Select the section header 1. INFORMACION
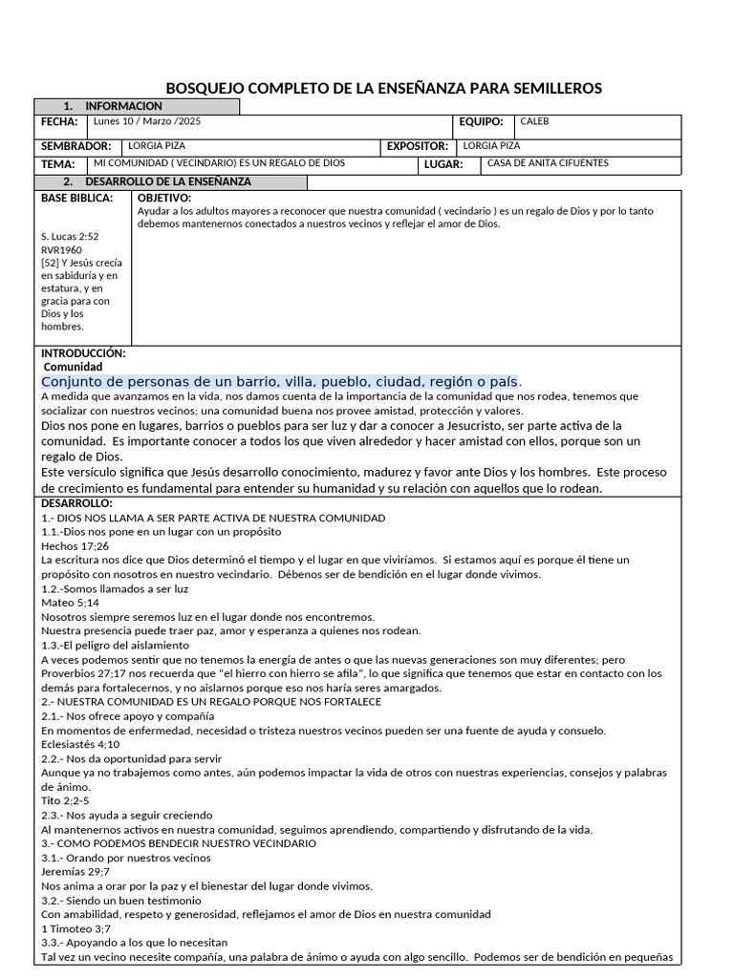coord(113,106)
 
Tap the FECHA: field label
coord(57,123)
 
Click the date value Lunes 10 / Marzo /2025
coord(148,122)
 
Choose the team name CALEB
coord(535,122)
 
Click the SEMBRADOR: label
coord(76,147)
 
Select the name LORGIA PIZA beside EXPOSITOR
coord(491,146)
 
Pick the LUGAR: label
coord(443,164)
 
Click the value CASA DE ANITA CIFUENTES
coord(548,163)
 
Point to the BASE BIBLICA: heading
coord(76,198)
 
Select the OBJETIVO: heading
coord(164,198)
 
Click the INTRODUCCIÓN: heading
coord(83,352)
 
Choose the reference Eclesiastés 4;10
coord(80,744)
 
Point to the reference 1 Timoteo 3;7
coord(76,928)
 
